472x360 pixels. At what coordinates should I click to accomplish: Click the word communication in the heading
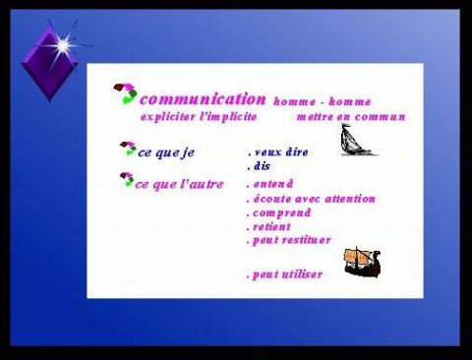pyautogui.click(x=204, y=99)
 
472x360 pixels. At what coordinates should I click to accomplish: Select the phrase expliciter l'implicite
pyautogui.click(x=199, y=116)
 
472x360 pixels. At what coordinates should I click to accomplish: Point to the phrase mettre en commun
pyautogui.click(x=350, y=116)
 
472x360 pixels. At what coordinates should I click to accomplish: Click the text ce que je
pyautogui.click(x=167, y=152)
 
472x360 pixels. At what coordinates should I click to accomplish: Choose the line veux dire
pyautogui.click(x=278, y=152)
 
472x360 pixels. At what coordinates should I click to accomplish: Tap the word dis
pyautogui.click(x=259, y=166)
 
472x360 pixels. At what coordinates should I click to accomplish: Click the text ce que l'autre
pyautogui.click(x=179, y=185)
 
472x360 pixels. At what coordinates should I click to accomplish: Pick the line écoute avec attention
pyautogui.click(x=311, y=199)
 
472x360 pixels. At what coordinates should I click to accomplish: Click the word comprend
pyautogui.click(x=279, y=212)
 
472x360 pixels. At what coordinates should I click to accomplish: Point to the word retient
pyautogui.click(x=270, y=226)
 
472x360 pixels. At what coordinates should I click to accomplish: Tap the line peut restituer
pyautogui.click(x=289, y=240)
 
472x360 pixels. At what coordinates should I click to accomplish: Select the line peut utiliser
pyautogui.click(x=284, y=274)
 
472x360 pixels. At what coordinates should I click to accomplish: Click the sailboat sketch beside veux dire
pyautogui.click(x=357, y=141)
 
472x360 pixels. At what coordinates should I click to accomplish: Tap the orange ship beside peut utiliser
pyautogui.click(x=361, y=262)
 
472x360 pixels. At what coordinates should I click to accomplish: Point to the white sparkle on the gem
pyautogui.click(x=63, y=44)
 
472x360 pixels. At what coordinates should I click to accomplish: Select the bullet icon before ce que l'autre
pyautogui.click(x=126, y=180)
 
